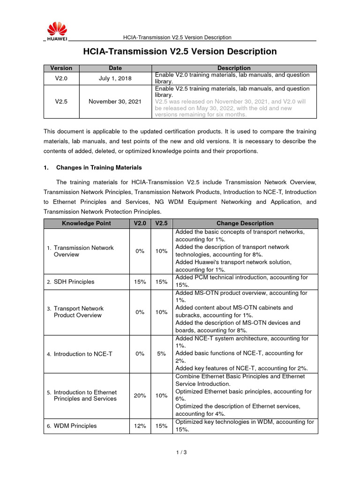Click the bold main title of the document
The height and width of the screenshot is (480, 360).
(180, 51)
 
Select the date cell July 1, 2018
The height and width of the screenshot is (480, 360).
(115, 79)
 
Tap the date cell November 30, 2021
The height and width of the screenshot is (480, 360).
(115, 101)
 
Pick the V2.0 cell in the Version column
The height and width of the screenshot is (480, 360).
(61, 79)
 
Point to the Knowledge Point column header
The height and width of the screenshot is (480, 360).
(87, 223)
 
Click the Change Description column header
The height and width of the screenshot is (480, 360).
(245, 223)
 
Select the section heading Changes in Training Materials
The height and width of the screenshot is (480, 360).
(99, 167)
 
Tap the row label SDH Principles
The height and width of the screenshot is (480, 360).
(74, 282)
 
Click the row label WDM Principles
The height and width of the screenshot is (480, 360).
(75, 426)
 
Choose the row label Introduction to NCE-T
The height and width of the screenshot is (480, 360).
(82, 354)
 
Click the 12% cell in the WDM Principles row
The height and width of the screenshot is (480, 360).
(140, 426)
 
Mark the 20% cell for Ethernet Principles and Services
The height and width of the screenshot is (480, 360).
(140, 395)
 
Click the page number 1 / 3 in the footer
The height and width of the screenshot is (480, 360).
(180, 452)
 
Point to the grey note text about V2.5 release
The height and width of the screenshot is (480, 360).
(232, 108)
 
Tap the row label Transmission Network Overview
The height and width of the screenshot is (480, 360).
(83, 251)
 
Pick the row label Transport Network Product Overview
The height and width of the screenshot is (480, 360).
(78, 312)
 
